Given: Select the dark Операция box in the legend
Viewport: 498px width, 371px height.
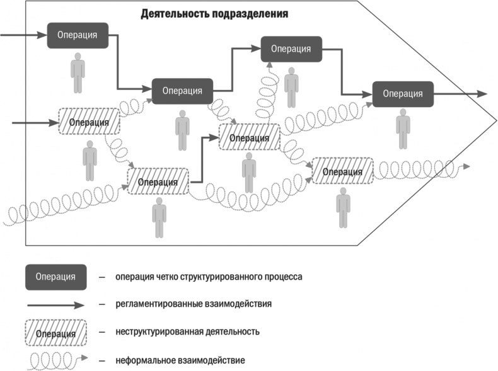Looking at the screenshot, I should pos(56,277).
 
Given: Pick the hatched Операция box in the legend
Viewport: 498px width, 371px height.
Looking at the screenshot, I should pos(56,332).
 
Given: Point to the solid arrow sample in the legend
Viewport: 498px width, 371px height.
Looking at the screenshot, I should pos(55,304).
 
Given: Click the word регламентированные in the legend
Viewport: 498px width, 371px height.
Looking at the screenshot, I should pos(157,304).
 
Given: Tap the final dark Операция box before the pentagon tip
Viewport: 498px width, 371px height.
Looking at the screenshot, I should pos(402,94).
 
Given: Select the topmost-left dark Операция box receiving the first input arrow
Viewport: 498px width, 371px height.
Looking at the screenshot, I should pos(78,35).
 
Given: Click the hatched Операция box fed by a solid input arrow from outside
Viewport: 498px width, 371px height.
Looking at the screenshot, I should pos(89,122).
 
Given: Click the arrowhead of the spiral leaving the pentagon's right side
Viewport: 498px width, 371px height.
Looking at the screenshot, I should pos(466,168).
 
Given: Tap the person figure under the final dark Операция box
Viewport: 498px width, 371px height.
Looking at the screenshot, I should pos(402,129).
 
